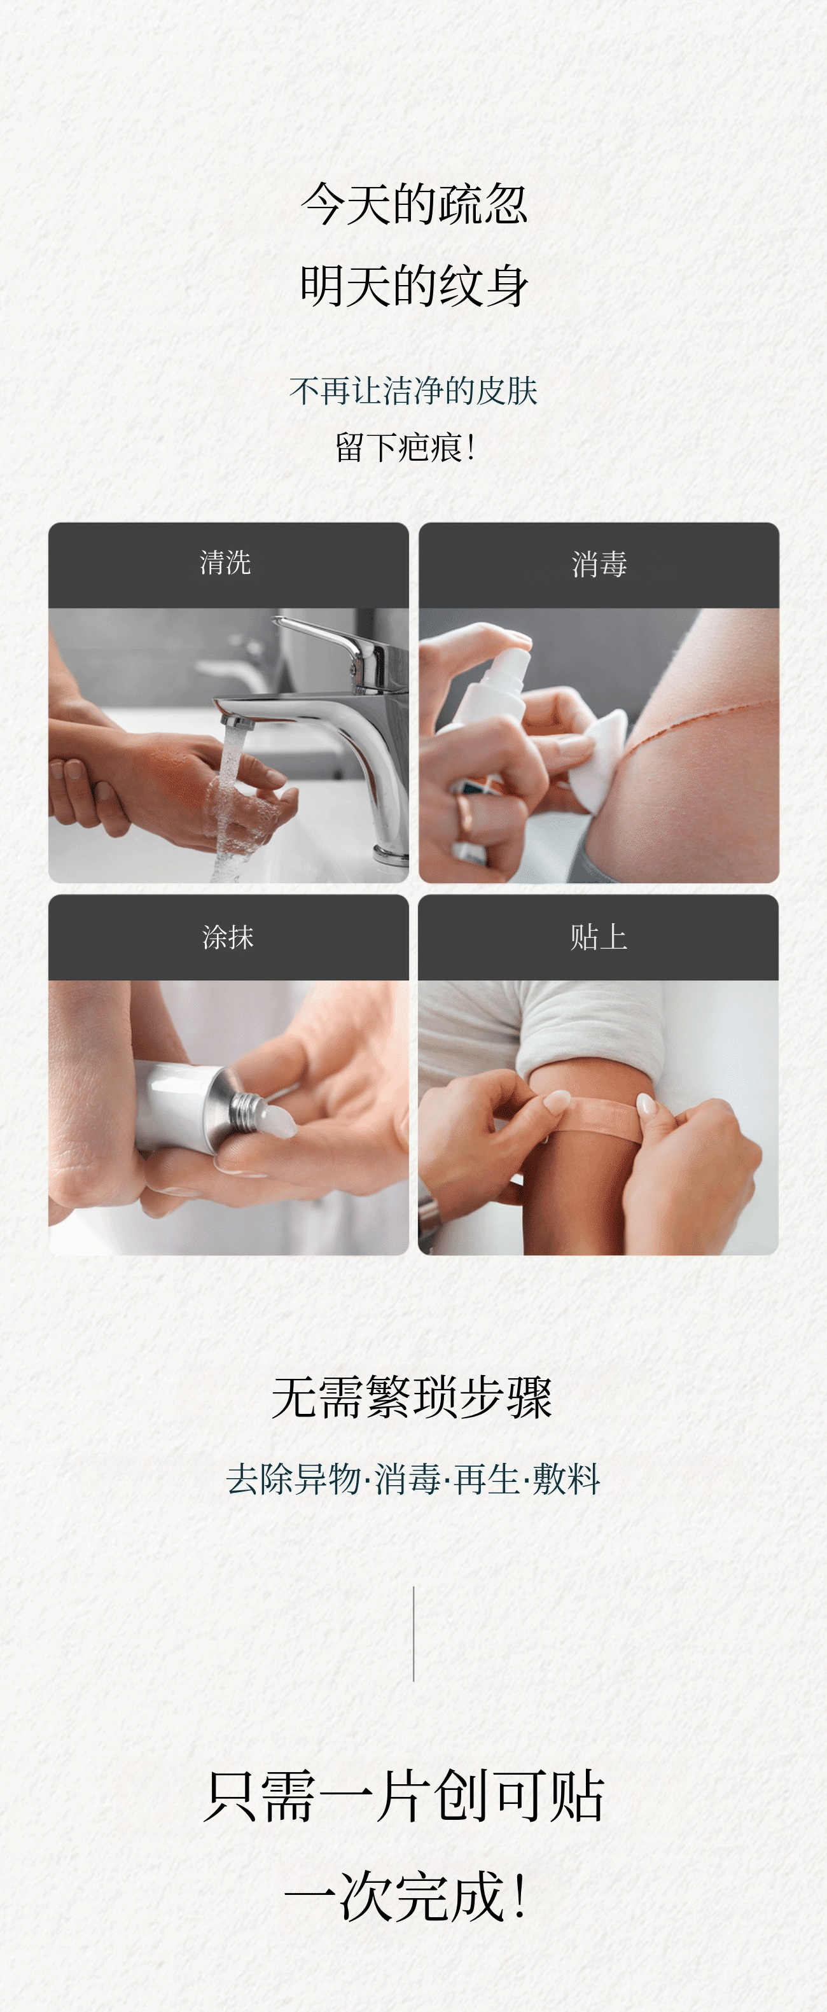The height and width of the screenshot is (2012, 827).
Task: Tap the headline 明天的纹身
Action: tap(414, 285)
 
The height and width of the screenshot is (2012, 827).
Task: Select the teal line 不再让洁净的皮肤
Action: tap(413, 391)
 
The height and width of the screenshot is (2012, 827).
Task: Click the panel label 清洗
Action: tap(226, 562)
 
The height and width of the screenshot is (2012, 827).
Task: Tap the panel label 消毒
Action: tap(599, 564)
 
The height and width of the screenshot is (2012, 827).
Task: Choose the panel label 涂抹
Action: tap(228, 937)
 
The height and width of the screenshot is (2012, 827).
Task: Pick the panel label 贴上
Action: tap(598, 937)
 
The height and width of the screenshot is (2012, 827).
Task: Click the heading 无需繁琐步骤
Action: tap(412, 1397)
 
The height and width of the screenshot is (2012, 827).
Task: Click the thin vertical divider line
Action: tap(413, 1634)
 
